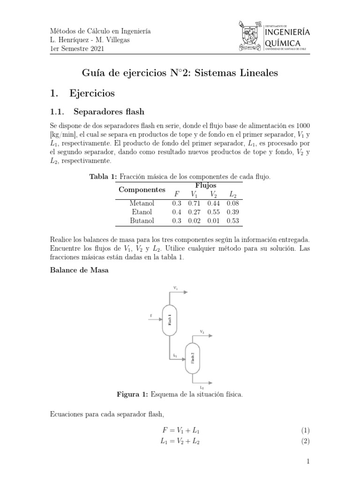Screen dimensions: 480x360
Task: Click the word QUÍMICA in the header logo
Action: point(287,43)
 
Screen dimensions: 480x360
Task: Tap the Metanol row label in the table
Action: point(142,203)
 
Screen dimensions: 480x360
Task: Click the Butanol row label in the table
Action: point(142,220)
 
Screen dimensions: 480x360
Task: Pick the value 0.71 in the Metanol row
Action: point(194,203)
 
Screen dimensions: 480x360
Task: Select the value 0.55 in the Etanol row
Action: point(213,212)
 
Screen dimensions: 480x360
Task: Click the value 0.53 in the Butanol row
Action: point(232,220)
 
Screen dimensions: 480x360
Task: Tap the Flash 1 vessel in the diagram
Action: point(169,320)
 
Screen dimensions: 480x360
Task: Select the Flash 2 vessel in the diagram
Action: point(192,358)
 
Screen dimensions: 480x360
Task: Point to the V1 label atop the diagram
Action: point(175,287)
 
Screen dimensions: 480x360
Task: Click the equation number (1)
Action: point(305,430)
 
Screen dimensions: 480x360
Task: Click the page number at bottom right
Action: point(308,462)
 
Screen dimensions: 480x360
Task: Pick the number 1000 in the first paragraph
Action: point(302,126)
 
